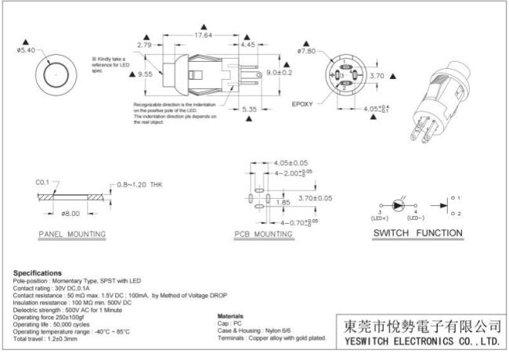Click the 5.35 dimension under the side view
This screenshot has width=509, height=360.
point(250,109)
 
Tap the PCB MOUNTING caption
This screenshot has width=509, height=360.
point(263,234)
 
